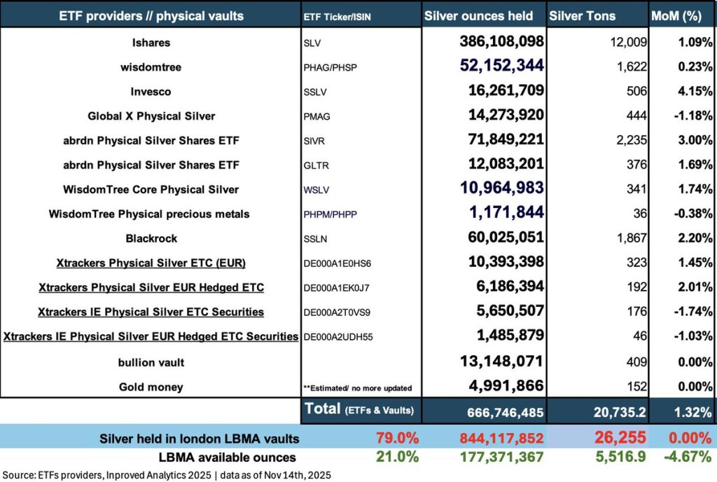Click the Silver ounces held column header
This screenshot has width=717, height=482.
[484, 16]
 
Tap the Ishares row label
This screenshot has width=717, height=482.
[151, 43]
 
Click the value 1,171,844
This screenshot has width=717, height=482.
[510, 214]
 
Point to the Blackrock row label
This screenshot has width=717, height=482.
[151, 238]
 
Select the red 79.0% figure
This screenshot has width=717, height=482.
[397, 439]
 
